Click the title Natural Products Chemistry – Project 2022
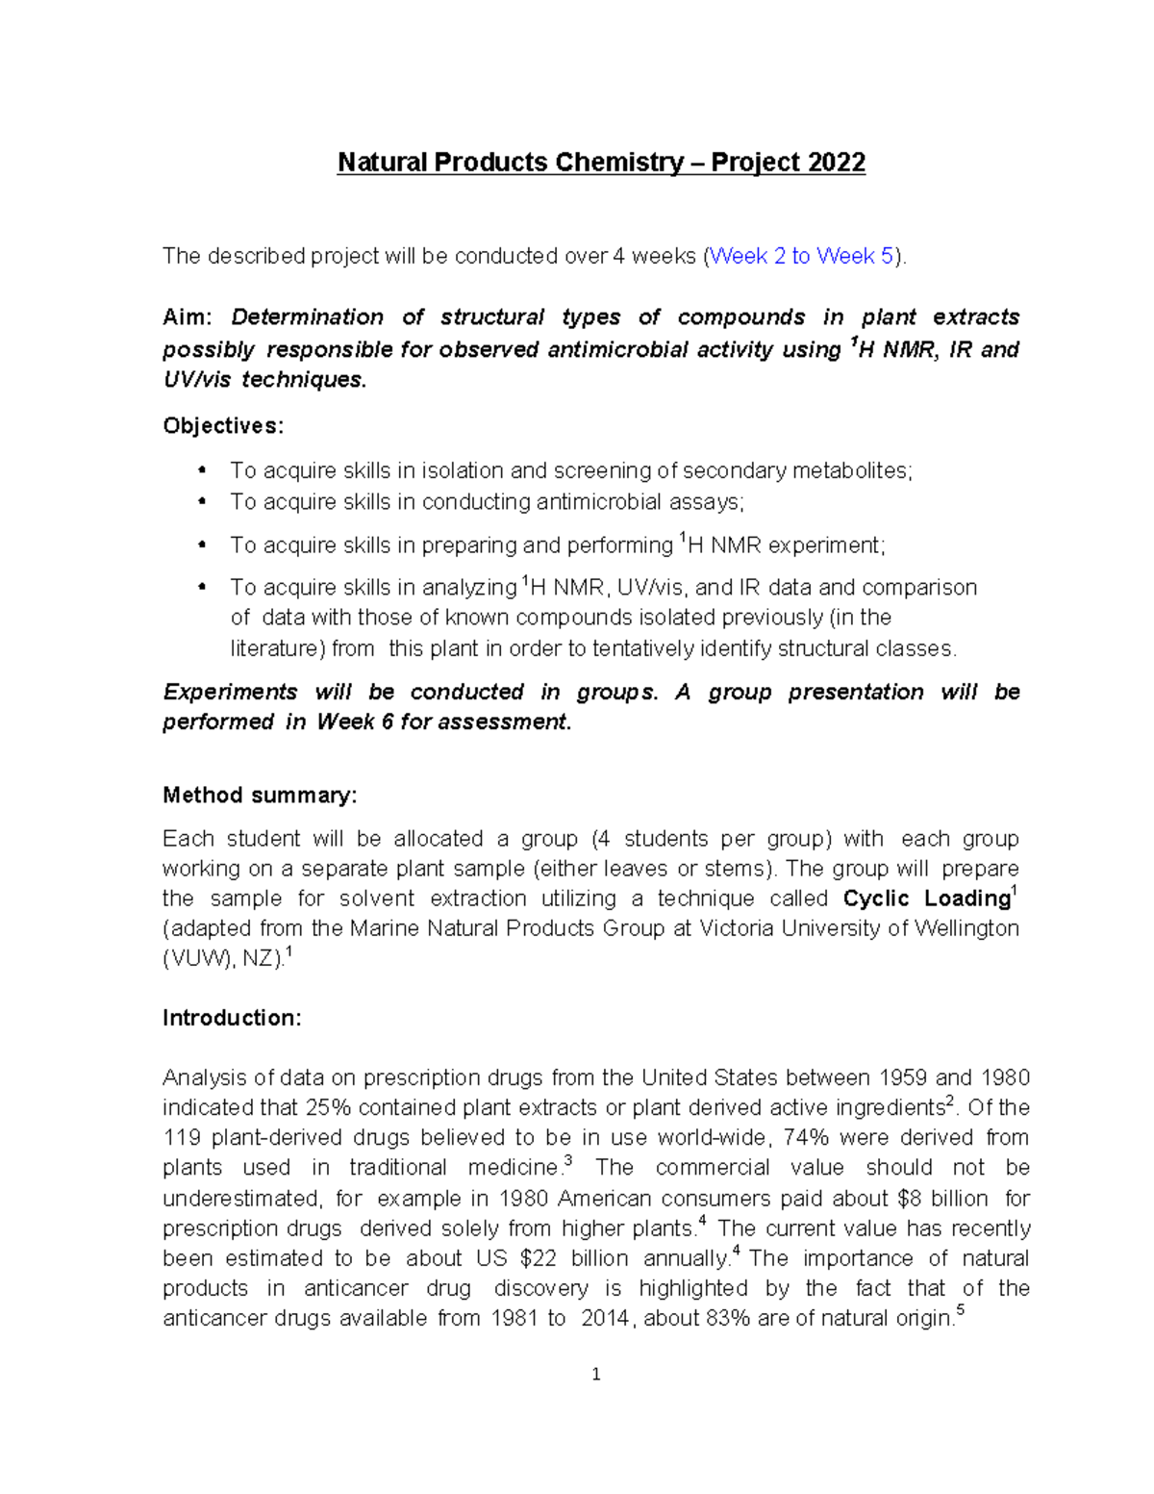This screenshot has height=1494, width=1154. [x=601, y=162]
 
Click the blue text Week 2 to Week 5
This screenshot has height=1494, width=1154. [x=802, y=256]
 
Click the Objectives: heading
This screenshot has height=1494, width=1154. [x=223, y=425]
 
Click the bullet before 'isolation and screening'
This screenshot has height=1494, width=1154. [x=202, y=470]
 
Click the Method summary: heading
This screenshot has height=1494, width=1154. [x=260, y=795]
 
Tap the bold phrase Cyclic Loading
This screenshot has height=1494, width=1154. [x=925, y=899]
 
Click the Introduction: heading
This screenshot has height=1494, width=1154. [x=232, y=1018]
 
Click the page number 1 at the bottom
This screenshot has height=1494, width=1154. [x=596, y=1375]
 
